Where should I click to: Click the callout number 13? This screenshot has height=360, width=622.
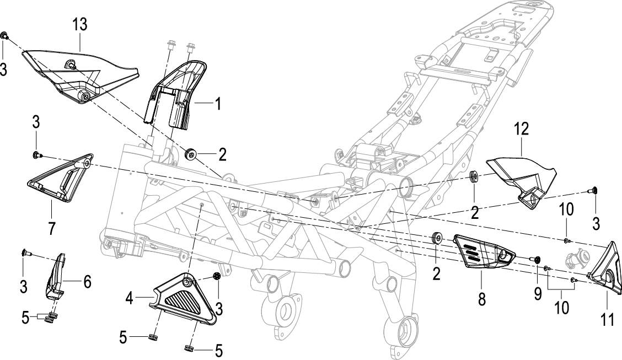[80, 25]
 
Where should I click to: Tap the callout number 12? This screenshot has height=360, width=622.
[522, 129]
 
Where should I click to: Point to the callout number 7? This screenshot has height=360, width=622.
[52, 228]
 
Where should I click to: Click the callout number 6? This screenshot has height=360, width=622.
[87, 282]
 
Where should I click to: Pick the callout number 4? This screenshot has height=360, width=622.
[129, 299]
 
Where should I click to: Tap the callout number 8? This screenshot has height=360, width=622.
[481, 299]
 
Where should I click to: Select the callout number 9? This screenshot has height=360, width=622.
[538, 293]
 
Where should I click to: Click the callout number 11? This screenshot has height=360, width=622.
[607, 319]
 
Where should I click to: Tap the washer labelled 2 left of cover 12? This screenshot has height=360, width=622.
[473, 176]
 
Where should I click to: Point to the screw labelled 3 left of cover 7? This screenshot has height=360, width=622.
[36, 154]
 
